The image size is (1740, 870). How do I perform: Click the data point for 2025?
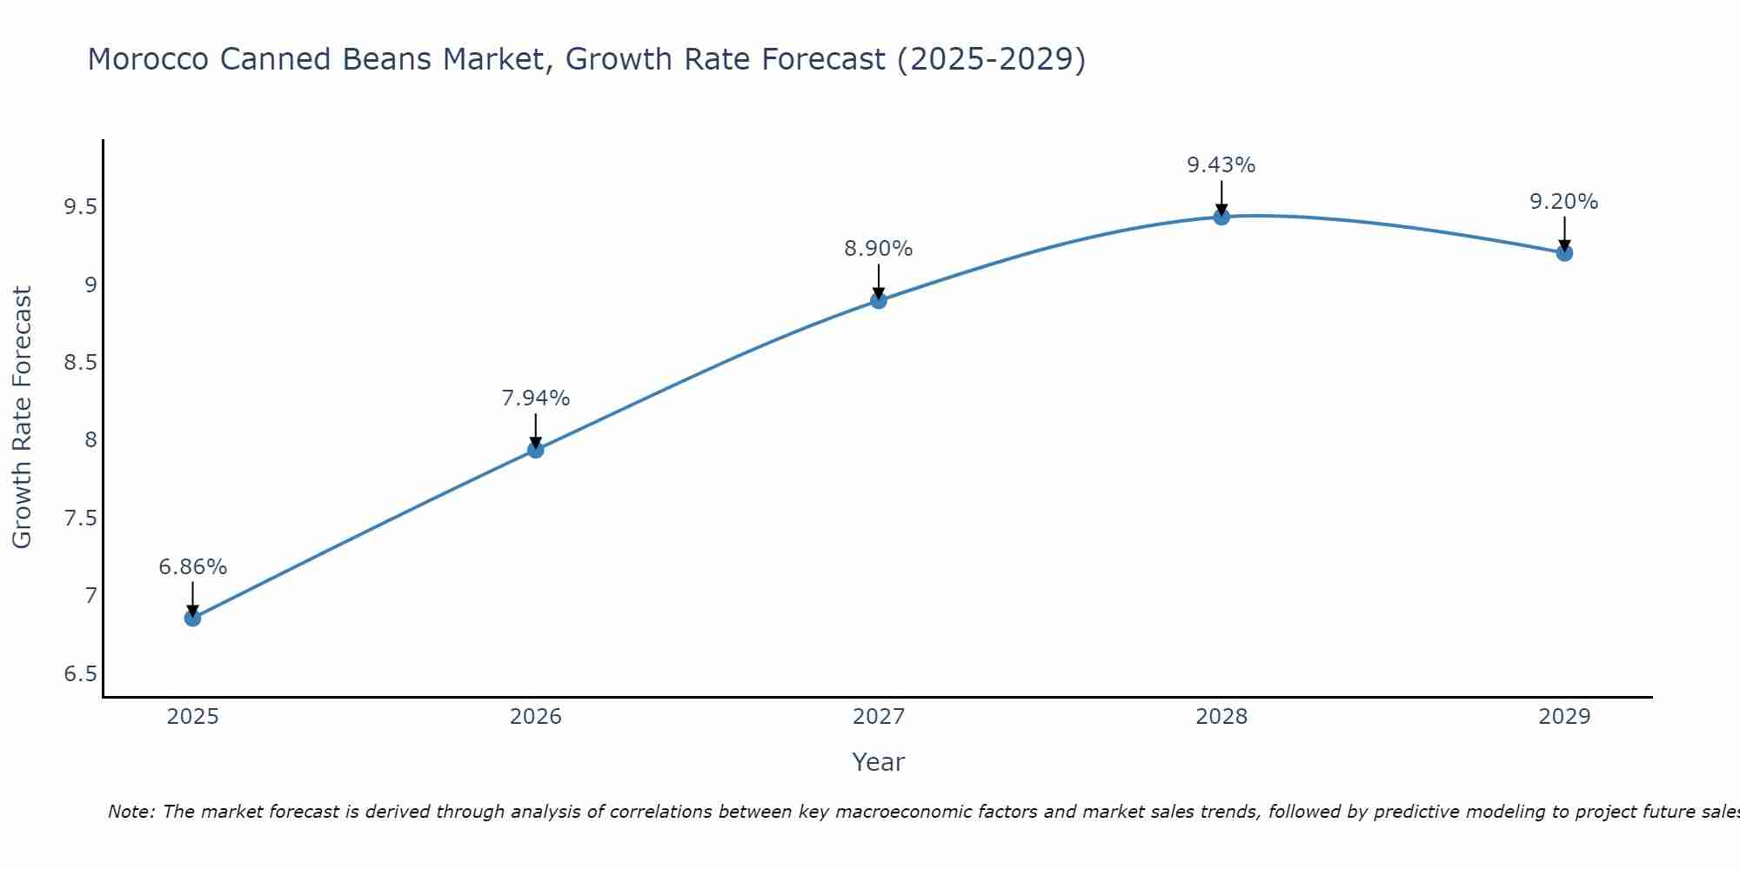[x=192, y=618]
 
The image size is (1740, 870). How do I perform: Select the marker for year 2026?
[x=535, y=450]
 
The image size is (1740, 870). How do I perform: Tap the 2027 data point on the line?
[x=879, y=300]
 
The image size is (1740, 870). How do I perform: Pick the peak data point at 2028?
[x=1221, y=217]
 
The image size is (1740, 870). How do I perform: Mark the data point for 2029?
[x=1564, y=253]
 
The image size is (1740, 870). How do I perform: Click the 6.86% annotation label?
[x=192, y=567]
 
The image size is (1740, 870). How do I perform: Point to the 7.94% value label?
[x=535, y=398]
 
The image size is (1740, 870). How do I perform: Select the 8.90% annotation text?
[x=879, y=249]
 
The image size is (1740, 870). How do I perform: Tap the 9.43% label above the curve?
[x=1221, y=165]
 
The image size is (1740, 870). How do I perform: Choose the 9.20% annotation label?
[x=1564, y=202]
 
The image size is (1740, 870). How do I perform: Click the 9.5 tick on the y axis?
[x=80, y=207]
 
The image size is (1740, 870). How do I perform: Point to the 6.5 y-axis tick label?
[x=80, y=674]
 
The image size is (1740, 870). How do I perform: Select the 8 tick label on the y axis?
[x=90, y=440]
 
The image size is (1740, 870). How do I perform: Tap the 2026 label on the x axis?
[x=535, y=717]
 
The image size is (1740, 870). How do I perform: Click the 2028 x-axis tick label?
[x=1221, y=717]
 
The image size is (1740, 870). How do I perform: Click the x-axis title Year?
[x=879, y=762]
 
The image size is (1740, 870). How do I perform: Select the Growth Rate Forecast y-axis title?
[x=23, y=418]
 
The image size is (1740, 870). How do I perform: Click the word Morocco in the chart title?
[x=148, y=59]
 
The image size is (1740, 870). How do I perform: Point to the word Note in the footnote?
[x=130, y=812]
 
